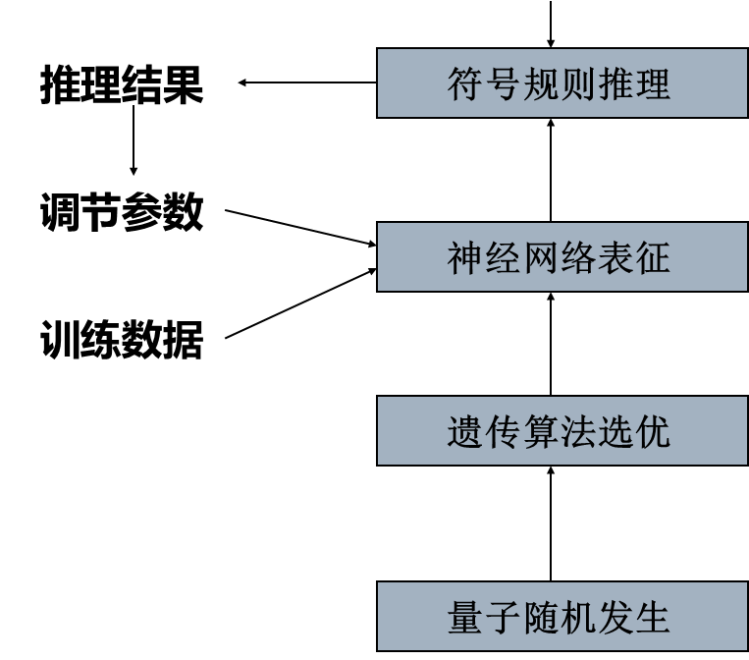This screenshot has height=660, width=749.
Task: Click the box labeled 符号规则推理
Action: point(562,83)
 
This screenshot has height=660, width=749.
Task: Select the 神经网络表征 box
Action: point(562,257)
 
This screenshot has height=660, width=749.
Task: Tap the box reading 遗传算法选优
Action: point(562,431)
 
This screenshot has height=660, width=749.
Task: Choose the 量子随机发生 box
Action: point(562,617)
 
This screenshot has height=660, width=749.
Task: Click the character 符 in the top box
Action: point(465,84)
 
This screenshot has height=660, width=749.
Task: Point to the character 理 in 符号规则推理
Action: point(652,84)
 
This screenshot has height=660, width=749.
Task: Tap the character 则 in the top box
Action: point(577,84)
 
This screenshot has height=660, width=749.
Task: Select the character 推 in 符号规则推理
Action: point(615,84)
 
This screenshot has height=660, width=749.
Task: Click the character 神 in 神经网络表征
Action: point(465,258)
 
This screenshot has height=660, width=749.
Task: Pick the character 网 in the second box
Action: point(540,258)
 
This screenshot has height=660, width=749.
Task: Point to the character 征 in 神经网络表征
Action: point(652,258)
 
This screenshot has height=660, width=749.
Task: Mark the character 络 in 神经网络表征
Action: point(577,258)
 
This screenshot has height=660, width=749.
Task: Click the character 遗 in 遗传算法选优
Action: point(465,432)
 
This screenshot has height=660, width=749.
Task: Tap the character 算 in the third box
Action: point(540,432)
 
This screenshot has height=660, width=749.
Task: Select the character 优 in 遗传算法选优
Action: point(652,432)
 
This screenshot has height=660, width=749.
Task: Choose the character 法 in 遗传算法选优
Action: point(577,432)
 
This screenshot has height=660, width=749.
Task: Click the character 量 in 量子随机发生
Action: point(465,618)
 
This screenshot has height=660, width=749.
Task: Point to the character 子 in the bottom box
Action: point(503,618)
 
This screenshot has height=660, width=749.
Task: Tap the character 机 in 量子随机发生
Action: point(577,618)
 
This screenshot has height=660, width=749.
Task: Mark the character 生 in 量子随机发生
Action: point(652,618)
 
